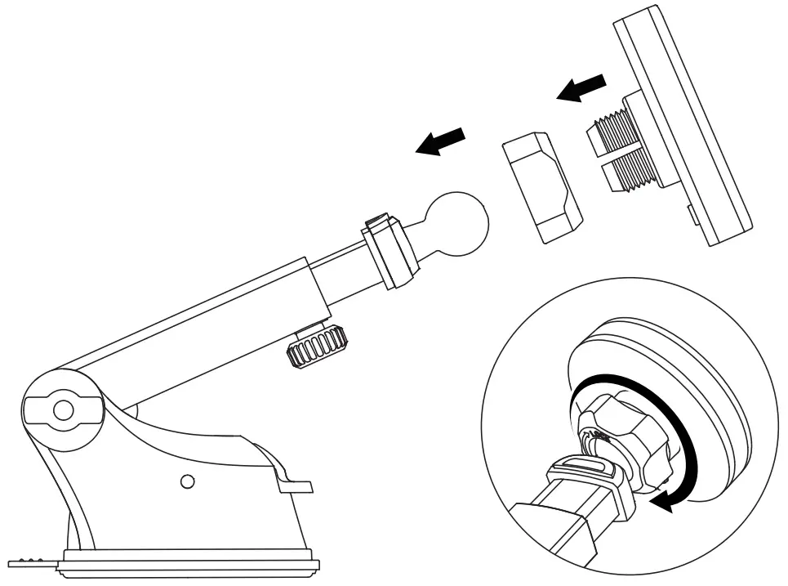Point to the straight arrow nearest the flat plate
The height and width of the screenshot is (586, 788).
(x=582, y=87)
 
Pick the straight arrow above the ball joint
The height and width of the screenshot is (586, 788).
(x=440, y=141)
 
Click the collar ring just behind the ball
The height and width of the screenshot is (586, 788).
(x=390, y=252)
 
